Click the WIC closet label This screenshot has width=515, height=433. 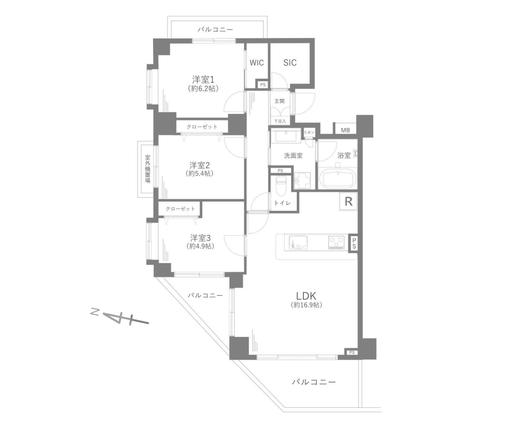coord(257,62)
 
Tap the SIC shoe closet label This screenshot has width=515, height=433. coord(290,62)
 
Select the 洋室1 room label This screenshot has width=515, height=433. coord(203,80)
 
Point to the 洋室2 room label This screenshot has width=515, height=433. coord(199,165)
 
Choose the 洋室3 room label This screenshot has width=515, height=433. coord(200,238)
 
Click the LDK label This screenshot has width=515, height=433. coord(306,295)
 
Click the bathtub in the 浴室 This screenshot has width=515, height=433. coord(338,179)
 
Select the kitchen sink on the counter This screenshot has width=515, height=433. coord(298,243)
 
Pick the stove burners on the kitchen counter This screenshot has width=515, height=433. coord(336,243)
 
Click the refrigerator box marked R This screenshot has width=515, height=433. coord(348,201)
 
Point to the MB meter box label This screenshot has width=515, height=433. coord(345,130)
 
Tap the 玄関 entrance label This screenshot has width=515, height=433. coord(280,101)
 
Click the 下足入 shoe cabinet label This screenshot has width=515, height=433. coord(280,121)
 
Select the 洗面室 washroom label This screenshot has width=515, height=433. coord(293,156)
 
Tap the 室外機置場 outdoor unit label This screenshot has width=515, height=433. coord(147,169)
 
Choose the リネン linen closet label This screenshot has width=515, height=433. coord(309,132)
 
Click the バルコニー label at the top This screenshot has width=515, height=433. coord(215,30)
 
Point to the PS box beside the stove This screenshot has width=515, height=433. coord(354,244)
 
